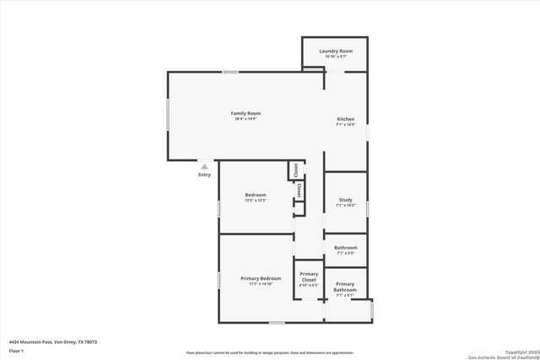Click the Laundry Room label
click(335, 51)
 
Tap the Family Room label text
click(246, 113)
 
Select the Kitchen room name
click(345, 120)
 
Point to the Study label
click(345, 200)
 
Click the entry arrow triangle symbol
click(204, 167)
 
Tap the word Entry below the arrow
click(204, 175)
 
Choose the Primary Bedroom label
click(260, 278)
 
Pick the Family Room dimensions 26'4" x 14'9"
click(246, 119)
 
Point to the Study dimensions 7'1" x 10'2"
click(345, 206)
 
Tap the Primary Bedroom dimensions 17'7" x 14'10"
click(260, 284)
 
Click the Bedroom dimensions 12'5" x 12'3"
click(256, 201)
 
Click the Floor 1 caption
click(16, 350)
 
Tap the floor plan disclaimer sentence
click(270, 352)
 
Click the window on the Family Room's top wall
click(229, 72)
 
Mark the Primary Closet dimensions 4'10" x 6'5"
click(309, 285)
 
